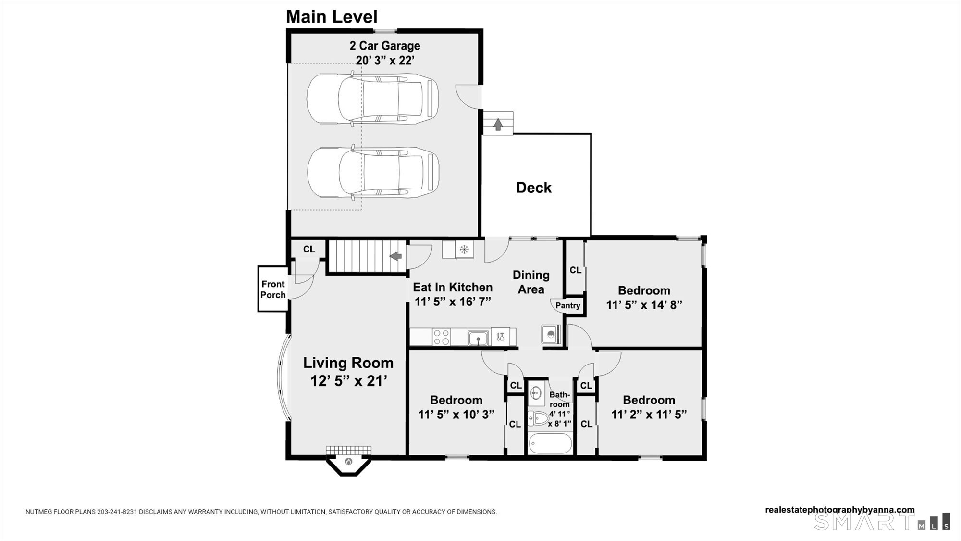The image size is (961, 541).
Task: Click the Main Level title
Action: (x=332, y=17)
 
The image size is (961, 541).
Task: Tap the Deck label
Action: (x=533, y=188)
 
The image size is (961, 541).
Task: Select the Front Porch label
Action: (x=273, y=289)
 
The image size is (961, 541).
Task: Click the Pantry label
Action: (x=567, y=305)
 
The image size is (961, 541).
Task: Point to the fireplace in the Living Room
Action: (x=349, y=460)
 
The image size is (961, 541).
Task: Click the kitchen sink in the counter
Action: (x=478, y=338)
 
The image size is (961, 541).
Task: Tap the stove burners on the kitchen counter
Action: (x=441, y=337)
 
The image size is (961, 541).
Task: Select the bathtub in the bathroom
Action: (x=551, y=443)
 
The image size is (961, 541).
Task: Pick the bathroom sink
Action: (x=536, y=394)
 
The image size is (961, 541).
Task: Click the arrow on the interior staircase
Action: (x=395, y=256)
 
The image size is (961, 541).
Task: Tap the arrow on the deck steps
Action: (x=498, y=124)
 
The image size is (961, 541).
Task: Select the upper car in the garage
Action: (x=372, y=99)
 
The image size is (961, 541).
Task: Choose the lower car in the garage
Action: (x=373, y=172)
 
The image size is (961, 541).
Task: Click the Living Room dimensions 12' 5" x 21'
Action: (x=349, y=381)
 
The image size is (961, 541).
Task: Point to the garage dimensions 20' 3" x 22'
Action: (x=385, y=61)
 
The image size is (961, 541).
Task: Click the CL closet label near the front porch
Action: (x=309, y=249)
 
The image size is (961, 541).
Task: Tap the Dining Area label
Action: (x=531, y=282)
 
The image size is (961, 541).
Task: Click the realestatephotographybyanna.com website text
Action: (x=840, y=510)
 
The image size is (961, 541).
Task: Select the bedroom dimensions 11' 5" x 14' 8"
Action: (x=644, y=305)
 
